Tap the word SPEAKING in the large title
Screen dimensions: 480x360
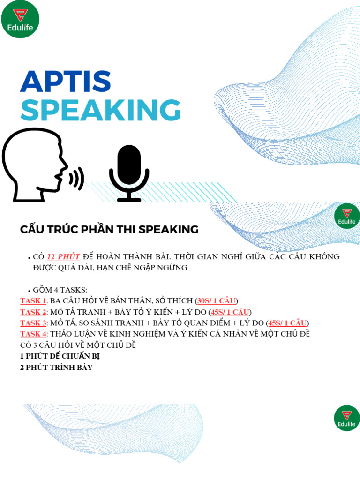tap(100, 111)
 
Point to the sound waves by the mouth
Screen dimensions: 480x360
tap(77, 178)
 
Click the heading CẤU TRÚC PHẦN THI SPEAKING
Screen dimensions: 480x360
tap(109, 230)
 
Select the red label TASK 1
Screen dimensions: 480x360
tap(33, 300)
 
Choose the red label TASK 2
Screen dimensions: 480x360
tap(33, 312)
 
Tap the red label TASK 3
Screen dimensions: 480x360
tap(33, 323)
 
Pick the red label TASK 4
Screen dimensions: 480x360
tap(33, 334)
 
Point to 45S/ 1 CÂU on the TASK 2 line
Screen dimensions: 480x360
tap(231, 312)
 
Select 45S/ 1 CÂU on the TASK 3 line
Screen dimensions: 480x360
tap(288, 323)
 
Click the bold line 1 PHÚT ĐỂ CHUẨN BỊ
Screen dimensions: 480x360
tap(60, 356)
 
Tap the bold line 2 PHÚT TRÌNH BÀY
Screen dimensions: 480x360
tap(56, 367)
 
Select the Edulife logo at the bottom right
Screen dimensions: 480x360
tap(346, 419)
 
